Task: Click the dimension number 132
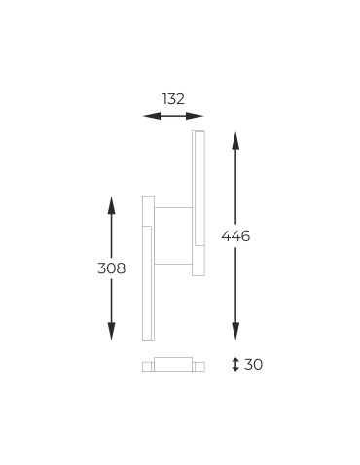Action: (173, 98)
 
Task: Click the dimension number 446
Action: (235, 236)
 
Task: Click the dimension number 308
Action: (111, 268)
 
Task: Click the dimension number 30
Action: (253, 365)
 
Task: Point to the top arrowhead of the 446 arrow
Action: (235, 137)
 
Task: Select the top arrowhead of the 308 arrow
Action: (111, 202)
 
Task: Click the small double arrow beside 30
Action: (235, 365)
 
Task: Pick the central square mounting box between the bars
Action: (173, 236)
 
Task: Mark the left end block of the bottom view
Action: (147, 366)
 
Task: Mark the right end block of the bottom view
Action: (198, 366)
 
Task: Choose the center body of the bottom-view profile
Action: (173, 364)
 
